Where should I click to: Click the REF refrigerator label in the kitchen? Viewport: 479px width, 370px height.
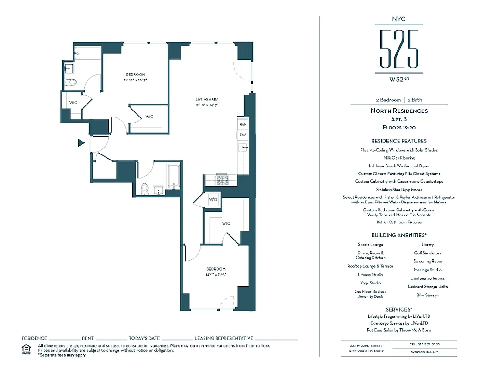coord(243,124)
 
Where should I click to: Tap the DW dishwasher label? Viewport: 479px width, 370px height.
coord(243,135)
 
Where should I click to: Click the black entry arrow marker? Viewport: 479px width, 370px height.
coord(81,143)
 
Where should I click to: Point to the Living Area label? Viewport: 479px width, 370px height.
coord(206,99)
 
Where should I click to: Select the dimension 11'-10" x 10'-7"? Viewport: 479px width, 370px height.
coord(135,80)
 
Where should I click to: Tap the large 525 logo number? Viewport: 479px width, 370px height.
coord(398,48)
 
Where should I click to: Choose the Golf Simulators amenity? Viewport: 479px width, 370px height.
coord(427,253)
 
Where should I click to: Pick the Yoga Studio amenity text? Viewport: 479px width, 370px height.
coord(370,283)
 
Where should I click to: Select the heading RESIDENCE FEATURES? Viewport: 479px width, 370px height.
coord(398,141)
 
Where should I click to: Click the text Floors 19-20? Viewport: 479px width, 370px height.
coord(398,127)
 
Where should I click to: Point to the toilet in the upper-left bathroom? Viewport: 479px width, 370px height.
coord(71,82)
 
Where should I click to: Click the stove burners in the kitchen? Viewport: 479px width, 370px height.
coord(221,178)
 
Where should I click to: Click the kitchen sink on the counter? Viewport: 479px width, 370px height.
coord(243,148)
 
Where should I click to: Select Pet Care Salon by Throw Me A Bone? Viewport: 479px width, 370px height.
coord(398,330)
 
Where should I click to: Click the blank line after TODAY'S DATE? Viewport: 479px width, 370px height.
coord(177,339)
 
